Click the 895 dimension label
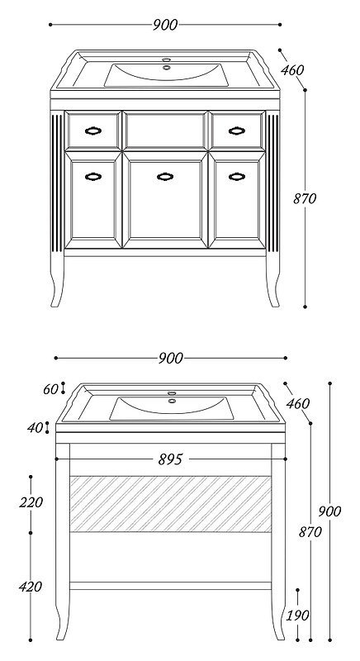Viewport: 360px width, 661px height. click(171, 459)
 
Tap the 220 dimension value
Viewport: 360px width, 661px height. click(31, 502)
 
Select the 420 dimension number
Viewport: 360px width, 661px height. click(31, 587)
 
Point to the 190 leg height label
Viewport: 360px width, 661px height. click(298, 616)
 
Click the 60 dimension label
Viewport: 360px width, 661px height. click(51, 389)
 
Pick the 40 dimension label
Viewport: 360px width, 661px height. click(36, 428)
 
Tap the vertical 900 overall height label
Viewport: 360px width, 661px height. click(329, 511)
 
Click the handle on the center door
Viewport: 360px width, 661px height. click(165, 177)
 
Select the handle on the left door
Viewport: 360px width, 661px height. click(93, 177)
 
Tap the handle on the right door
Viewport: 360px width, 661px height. click(237, 177)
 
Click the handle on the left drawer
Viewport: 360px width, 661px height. click(93, 131)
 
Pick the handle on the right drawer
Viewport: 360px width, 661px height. click(237, 131)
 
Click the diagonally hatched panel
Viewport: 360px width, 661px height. click(171, 504)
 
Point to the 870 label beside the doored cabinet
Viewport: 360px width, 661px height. click(305, 198)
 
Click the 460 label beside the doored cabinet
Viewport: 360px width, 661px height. click(292, 70)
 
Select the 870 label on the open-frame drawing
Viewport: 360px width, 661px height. click(310, 532)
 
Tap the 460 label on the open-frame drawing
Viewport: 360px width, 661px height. click(298, 403)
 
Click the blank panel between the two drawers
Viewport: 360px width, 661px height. click(165, 131)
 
